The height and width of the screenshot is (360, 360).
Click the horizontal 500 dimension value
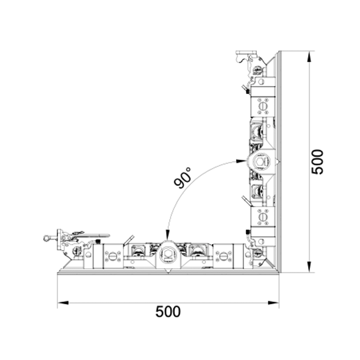coord(168,311)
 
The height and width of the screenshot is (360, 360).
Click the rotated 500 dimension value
coord(317,162)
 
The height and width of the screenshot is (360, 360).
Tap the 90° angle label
coord(183,177)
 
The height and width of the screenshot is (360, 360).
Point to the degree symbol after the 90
coord(189,169)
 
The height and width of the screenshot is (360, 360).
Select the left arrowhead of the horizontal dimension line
coord(63,303)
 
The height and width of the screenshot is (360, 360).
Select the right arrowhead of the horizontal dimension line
coord(273,303)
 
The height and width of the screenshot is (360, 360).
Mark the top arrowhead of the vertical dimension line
coord(309,57)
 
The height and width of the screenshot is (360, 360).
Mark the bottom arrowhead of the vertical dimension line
coord(309,267)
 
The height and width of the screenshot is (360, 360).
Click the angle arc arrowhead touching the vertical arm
coord(241,161)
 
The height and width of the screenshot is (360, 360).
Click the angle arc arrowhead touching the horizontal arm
coord(168,235)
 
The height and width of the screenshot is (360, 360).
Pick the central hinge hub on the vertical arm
coord(261,161)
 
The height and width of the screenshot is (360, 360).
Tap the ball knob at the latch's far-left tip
coord(46,238)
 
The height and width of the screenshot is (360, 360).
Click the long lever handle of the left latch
coord(92,235)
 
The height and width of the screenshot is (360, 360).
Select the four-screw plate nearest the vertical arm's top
coord(263,106)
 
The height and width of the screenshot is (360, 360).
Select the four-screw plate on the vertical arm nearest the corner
coord(263,217)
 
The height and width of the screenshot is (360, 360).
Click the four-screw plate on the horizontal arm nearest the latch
coord(113,256)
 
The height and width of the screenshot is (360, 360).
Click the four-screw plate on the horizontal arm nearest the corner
coord(223,256)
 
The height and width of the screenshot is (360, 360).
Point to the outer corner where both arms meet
coord(279,273)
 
